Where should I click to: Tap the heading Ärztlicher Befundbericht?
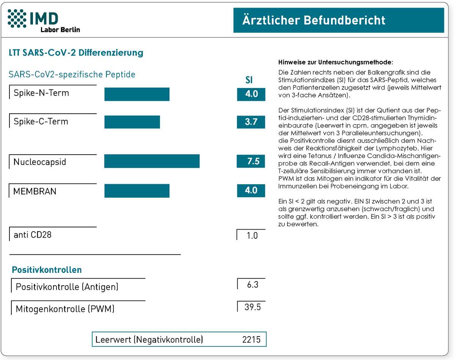coord(314,20)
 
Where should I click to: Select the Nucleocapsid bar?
coord(152,161)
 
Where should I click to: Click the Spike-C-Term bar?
coord(132,122)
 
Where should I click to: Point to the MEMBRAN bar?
coord(136,191)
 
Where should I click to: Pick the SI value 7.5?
coord(251,161)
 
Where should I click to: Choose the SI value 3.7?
coord(251,122)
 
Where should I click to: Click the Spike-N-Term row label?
coord(41,93)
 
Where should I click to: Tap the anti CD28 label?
coord(33,235)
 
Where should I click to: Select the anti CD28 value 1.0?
coord(252,235)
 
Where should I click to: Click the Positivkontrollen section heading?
coord(47,270)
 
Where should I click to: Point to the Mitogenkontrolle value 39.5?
coord(252,307)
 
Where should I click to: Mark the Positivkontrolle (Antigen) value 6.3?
coord(252,285)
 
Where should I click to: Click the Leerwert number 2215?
coord(251,339)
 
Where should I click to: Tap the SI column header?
coord(249,80)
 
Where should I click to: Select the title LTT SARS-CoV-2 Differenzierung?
coord(76,53)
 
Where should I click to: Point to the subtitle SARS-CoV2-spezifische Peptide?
coord(72,74)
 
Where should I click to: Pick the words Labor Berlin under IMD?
coord(60,30)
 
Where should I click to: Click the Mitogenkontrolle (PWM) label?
coord(65,309)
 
